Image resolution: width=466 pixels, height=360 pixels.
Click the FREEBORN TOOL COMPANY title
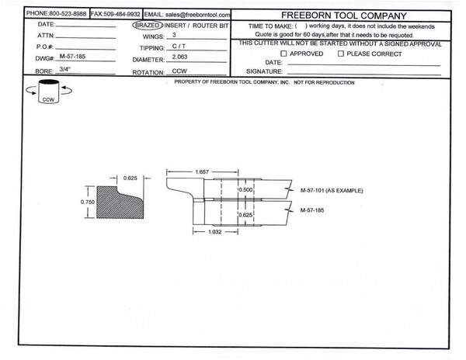tap(343, 16)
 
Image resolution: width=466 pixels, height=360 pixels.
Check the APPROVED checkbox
tap(283, 54)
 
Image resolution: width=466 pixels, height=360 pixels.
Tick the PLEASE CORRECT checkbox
tap(341, 54)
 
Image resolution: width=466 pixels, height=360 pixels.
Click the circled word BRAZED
tap(148, 26)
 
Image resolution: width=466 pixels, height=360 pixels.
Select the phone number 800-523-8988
tap(68, 14)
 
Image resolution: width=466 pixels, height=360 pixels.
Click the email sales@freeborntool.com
tap(197, 15)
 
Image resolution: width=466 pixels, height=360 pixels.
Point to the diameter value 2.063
tap(179, 57)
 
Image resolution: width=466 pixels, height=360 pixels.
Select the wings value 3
tap(174, 35)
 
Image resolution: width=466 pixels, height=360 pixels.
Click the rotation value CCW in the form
tap(179, 71)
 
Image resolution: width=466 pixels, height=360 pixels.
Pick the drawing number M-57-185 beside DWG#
tap(72, 57)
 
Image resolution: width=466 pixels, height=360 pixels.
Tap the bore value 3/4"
tap(64, 69)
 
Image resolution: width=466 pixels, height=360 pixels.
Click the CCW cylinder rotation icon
tap(49, 91)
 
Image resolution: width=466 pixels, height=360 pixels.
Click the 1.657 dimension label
tap(202, 171)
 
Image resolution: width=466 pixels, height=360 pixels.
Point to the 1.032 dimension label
tap(214, 232)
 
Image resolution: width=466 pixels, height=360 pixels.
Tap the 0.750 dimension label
tap(87, 202)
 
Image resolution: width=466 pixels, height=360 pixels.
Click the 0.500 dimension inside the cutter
tap(245, 189)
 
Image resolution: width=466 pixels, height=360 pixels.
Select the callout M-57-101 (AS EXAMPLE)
tap(332, 191)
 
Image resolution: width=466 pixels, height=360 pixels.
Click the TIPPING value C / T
tap(179, 47)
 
